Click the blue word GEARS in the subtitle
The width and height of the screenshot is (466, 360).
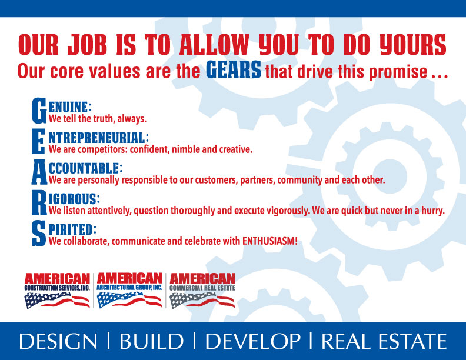pyautogui.click(x=234, y=69)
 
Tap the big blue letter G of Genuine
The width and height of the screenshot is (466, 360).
pyautogui.click(x=39, y=111)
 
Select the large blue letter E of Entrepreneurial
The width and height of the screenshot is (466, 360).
pyautogui.click(x=39, y=141)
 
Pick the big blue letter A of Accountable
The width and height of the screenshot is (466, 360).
pyautogui.click(x=39, y=172)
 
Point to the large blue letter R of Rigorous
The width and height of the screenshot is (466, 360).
pyautogui.click(x=39, y=202)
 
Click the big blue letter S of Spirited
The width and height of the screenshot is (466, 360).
pyautogui.click(x=39, y=233)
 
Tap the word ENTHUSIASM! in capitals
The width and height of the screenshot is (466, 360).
pyautogui.click(x=270, y=241)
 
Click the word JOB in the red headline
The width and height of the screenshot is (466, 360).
pyautogui.click(x=87, y=44)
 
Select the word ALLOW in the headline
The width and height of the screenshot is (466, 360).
pyautogui.click(x=214, y=44)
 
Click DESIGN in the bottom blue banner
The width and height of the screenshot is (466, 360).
pyautogui.click(x=58, y=341)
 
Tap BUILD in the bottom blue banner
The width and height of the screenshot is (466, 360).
pyautogui.click(x=151, y=341)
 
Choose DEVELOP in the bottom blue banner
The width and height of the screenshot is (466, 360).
pyautogui.click(x=253, y=341)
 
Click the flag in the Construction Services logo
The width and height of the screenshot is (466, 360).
pyautogui.click(x=57, y=301)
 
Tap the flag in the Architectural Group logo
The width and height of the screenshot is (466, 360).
pyautogui.click(x=129, y=299)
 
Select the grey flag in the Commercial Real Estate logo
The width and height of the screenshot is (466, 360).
pyautogui.click(x=202, y=300)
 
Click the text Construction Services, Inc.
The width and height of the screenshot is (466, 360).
pyautogui.click(x=57, y=288)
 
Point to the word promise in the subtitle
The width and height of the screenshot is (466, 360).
pyautogui.click(x=398, y=72)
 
